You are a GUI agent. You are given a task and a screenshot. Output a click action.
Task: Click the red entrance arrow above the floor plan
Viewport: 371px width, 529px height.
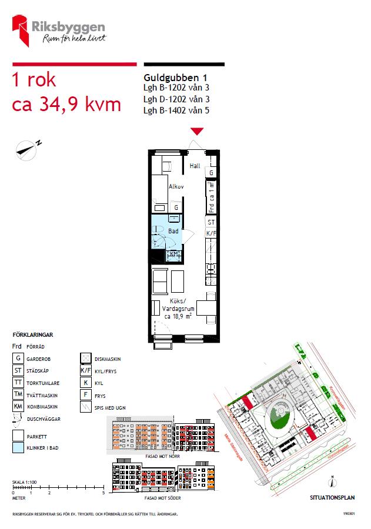coord(197,131)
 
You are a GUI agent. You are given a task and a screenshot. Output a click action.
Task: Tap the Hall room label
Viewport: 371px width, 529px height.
coord(195,166)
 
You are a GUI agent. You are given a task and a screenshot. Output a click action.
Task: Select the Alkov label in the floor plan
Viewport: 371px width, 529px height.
coord(176,186)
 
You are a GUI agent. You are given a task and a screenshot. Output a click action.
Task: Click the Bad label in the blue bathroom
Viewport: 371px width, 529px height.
coord(173,232)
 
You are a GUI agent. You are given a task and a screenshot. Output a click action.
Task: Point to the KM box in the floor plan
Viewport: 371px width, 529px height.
coord(174,254)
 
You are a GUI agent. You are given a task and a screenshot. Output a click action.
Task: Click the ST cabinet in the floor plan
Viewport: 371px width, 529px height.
coord(211,223)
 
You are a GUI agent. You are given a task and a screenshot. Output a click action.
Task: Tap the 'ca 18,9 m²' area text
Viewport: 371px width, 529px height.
coord(178,316)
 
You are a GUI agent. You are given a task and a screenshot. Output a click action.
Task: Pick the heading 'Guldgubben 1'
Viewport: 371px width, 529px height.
coord(175,78)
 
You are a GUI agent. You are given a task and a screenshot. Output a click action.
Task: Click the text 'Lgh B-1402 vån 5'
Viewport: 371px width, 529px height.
coord(176,110)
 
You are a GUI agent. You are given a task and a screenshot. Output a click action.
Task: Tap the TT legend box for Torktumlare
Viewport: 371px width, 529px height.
coord(18,382)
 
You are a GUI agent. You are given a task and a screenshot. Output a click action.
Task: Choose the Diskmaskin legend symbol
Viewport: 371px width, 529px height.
coord(85,358)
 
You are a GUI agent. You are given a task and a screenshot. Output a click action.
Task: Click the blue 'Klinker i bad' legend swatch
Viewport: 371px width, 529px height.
coord(18,447)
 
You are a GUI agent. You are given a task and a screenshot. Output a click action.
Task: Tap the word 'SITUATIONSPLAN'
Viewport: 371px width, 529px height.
coord(332,497)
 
